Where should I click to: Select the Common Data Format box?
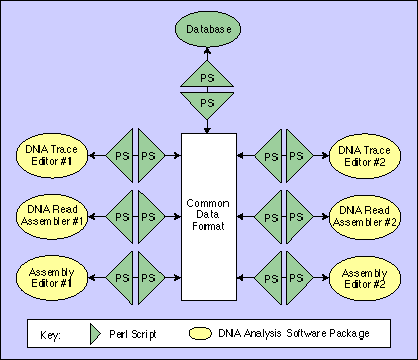(x=209, y=215)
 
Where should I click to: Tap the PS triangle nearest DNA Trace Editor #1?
(x=122, y=156)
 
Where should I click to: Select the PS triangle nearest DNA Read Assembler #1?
(x=122, y=215)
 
